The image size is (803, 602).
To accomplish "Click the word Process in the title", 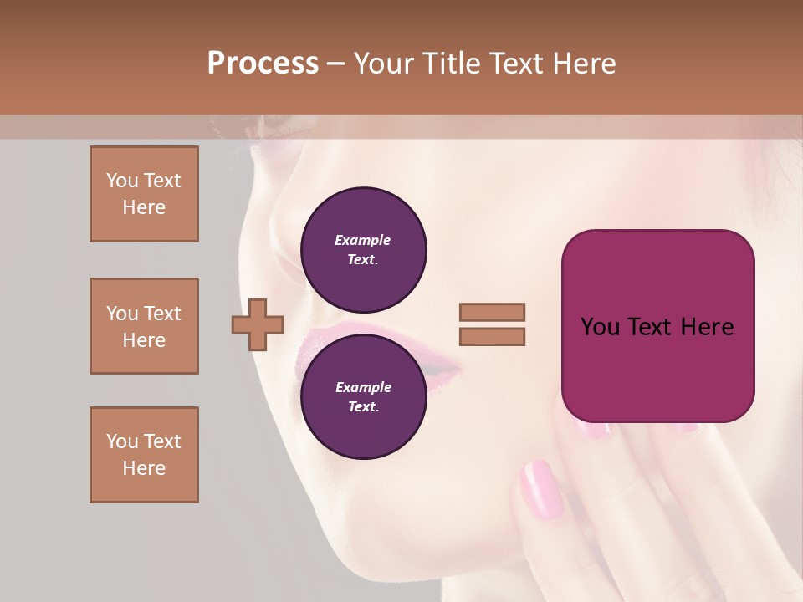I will pyautogui.click(x=263, y=64).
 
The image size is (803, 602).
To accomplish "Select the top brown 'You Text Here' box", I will pyautogui.click(x=144, y=194).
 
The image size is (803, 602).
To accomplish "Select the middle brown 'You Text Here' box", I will pyautogui.click(x=144, y=326).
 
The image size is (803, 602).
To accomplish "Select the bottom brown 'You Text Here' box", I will pyautogui.click(x=144, y=454).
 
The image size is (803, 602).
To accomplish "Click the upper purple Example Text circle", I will pyautogui.click(x=363, y=249).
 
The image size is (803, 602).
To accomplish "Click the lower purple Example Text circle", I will pyautogui.click(x=363, y=396).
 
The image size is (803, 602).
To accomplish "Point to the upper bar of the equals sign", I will pyautogui.click(x=492, y=313).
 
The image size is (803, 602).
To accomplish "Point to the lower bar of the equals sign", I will pyautogui.click(x=492, y=337).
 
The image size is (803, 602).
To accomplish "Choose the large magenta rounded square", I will pyautogui.click(x=657, y=326).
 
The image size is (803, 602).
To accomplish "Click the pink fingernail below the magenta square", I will pyautogui.click(x=541, y=489).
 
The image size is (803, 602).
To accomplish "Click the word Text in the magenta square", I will pyautogui.click(x=648, y=327).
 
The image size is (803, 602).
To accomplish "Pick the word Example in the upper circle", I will pyautogui.click(x=363, y=240).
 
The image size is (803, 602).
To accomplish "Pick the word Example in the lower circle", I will pyautogui.click(x=363, y=387).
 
